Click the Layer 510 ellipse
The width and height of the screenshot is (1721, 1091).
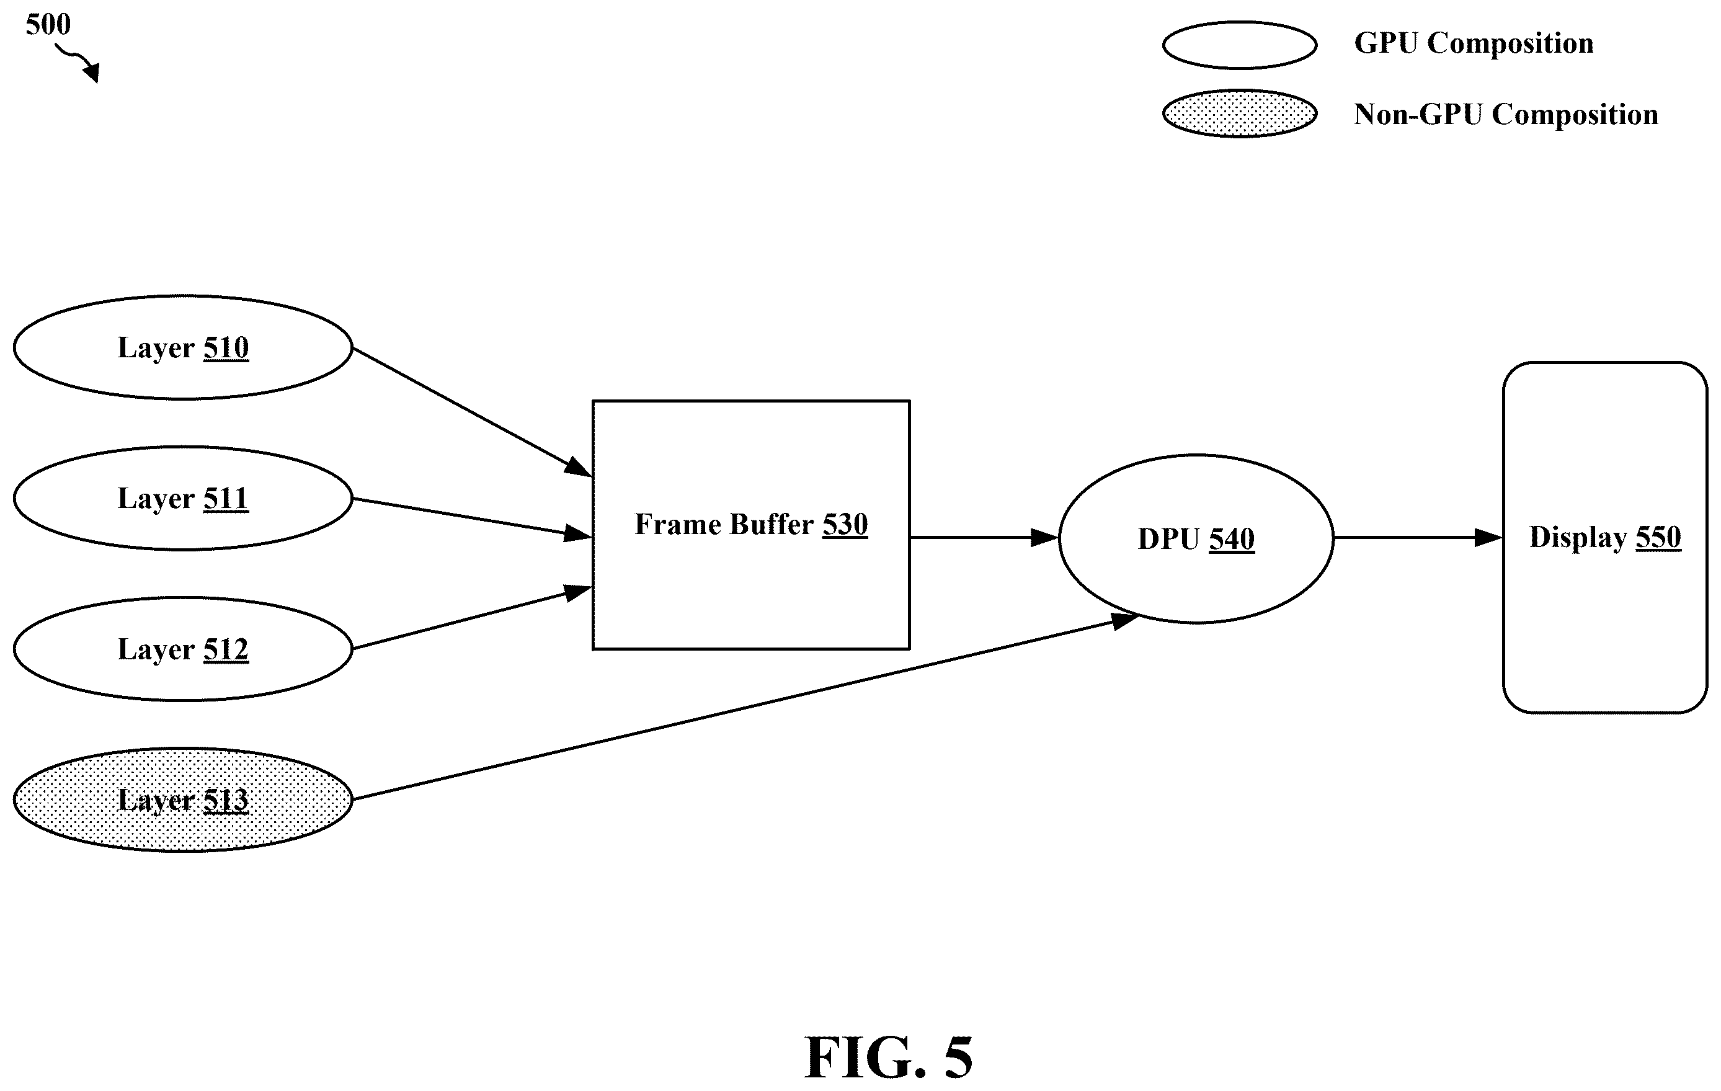(183, 347)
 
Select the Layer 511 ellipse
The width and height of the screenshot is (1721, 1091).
(183, 498)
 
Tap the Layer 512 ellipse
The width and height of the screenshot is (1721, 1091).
(183, 649)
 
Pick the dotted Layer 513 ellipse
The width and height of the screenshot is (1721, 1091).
(183, 800)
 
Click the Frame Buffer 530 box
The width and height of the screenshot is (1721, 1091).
(751, 525)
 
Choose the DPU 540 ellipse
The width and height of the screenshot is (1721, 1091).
(1196, 538)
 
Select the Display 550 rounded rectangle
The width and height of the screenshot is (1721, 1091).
(1605, 538)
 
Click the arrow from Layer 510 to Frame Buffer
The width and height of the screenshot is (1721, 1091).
(473, 412)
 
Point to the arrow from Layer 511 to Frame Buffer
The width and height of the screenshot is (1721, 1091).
(473, 517)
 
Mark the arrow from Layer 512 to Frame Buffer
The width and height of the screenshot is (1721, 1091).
(473, 618)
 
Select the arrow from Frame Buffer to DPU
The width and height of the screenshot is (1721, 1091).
(984, 537)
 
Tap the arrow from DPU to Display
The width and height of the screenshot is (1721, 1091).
(1418, 537)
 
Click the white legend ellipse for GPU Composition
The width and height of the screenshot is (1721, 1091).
(1239, 45)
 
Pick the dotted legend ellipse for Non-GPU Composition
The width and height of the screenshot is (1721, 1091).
(1239, 114)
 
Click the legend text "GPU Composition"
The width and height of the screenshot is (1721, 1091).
(1474, 43)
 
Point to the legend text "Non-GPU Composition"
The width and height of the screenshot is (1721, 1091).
(1506, 114)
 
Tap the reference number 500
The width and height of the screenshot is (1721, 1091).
(48, 24)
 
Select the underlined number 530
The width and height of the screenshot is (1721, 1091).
(845, 525)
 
